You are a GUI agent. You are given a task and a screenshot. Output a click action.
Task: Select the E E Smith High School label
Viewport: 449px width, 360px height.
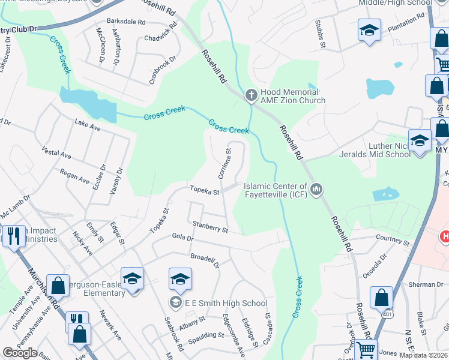[x=227, y=303]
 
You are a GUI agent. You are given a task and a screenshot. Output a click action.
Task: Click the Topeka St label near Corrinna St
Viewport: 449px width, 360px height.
[x=204, y=191]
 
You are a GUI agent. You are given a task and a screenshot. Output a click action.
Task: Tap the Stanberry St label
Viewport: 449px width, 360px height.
[x=210, y=227]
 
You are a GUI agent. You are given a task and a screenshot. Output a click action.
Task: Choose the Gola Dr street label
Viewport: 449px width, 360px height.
[x=182, y=238]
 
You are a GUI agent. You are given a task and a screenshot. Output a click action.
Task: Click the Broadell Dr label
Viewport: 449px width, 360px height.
[x=205, y=260]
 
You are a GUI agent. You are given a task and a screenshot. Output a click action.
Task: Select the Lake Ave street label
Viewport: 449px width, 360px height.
[x=88, y=127]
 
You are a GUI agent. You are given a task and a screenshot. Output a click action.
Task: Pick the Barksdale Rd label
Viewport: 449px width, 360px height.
[x=126, y=22]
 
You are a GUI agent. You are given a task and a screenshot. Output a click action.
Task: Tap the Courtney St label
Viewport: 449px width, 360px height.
[x=392, y=240]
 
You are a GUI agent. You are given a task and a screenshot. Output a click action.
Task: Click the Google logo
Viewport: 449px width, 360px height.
[x=20, y=353]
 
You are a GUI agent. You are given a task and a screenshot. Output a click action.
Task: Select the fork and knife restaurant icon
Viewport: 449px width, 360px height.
[x=77, y=320]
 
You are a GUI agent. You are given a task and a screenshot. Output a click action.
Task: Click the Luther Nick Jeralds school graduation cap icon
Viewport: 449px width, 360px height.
[x=420, y=140]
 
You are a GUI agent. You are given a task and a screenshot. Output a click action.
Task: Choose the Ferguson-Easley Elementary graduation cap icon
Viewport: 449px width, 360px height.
[x=132, y=278]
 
